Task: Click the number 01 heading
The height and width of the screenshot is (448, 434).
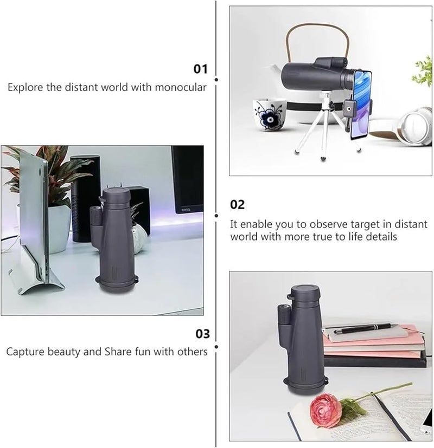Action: pyautogui.click(x=200, y=69)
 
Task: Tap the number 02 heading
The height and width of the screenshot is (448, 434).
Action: pyautogui.click(x=237, y=205)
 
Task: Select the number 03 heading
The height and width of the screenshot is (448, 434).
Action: pyautogui.click(x=202, y=334)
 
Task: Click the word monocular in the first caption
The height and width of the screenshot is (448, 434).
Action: pyautogui.click(x=181, y=87)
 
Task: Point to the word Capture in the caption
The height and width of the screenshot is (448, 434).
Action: pyautogui.click(x=25, y=352)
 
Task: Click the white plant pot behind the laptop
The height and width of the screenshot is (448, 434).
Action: pyautogui.click(x=59, y=229)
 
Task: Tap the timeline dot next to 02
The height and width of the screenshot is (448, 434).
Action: pyautogui.click(x=216, y=216)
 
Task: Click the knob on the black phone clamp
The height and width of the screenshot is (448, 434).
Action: pyautogui.click(x=349, y=109)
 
